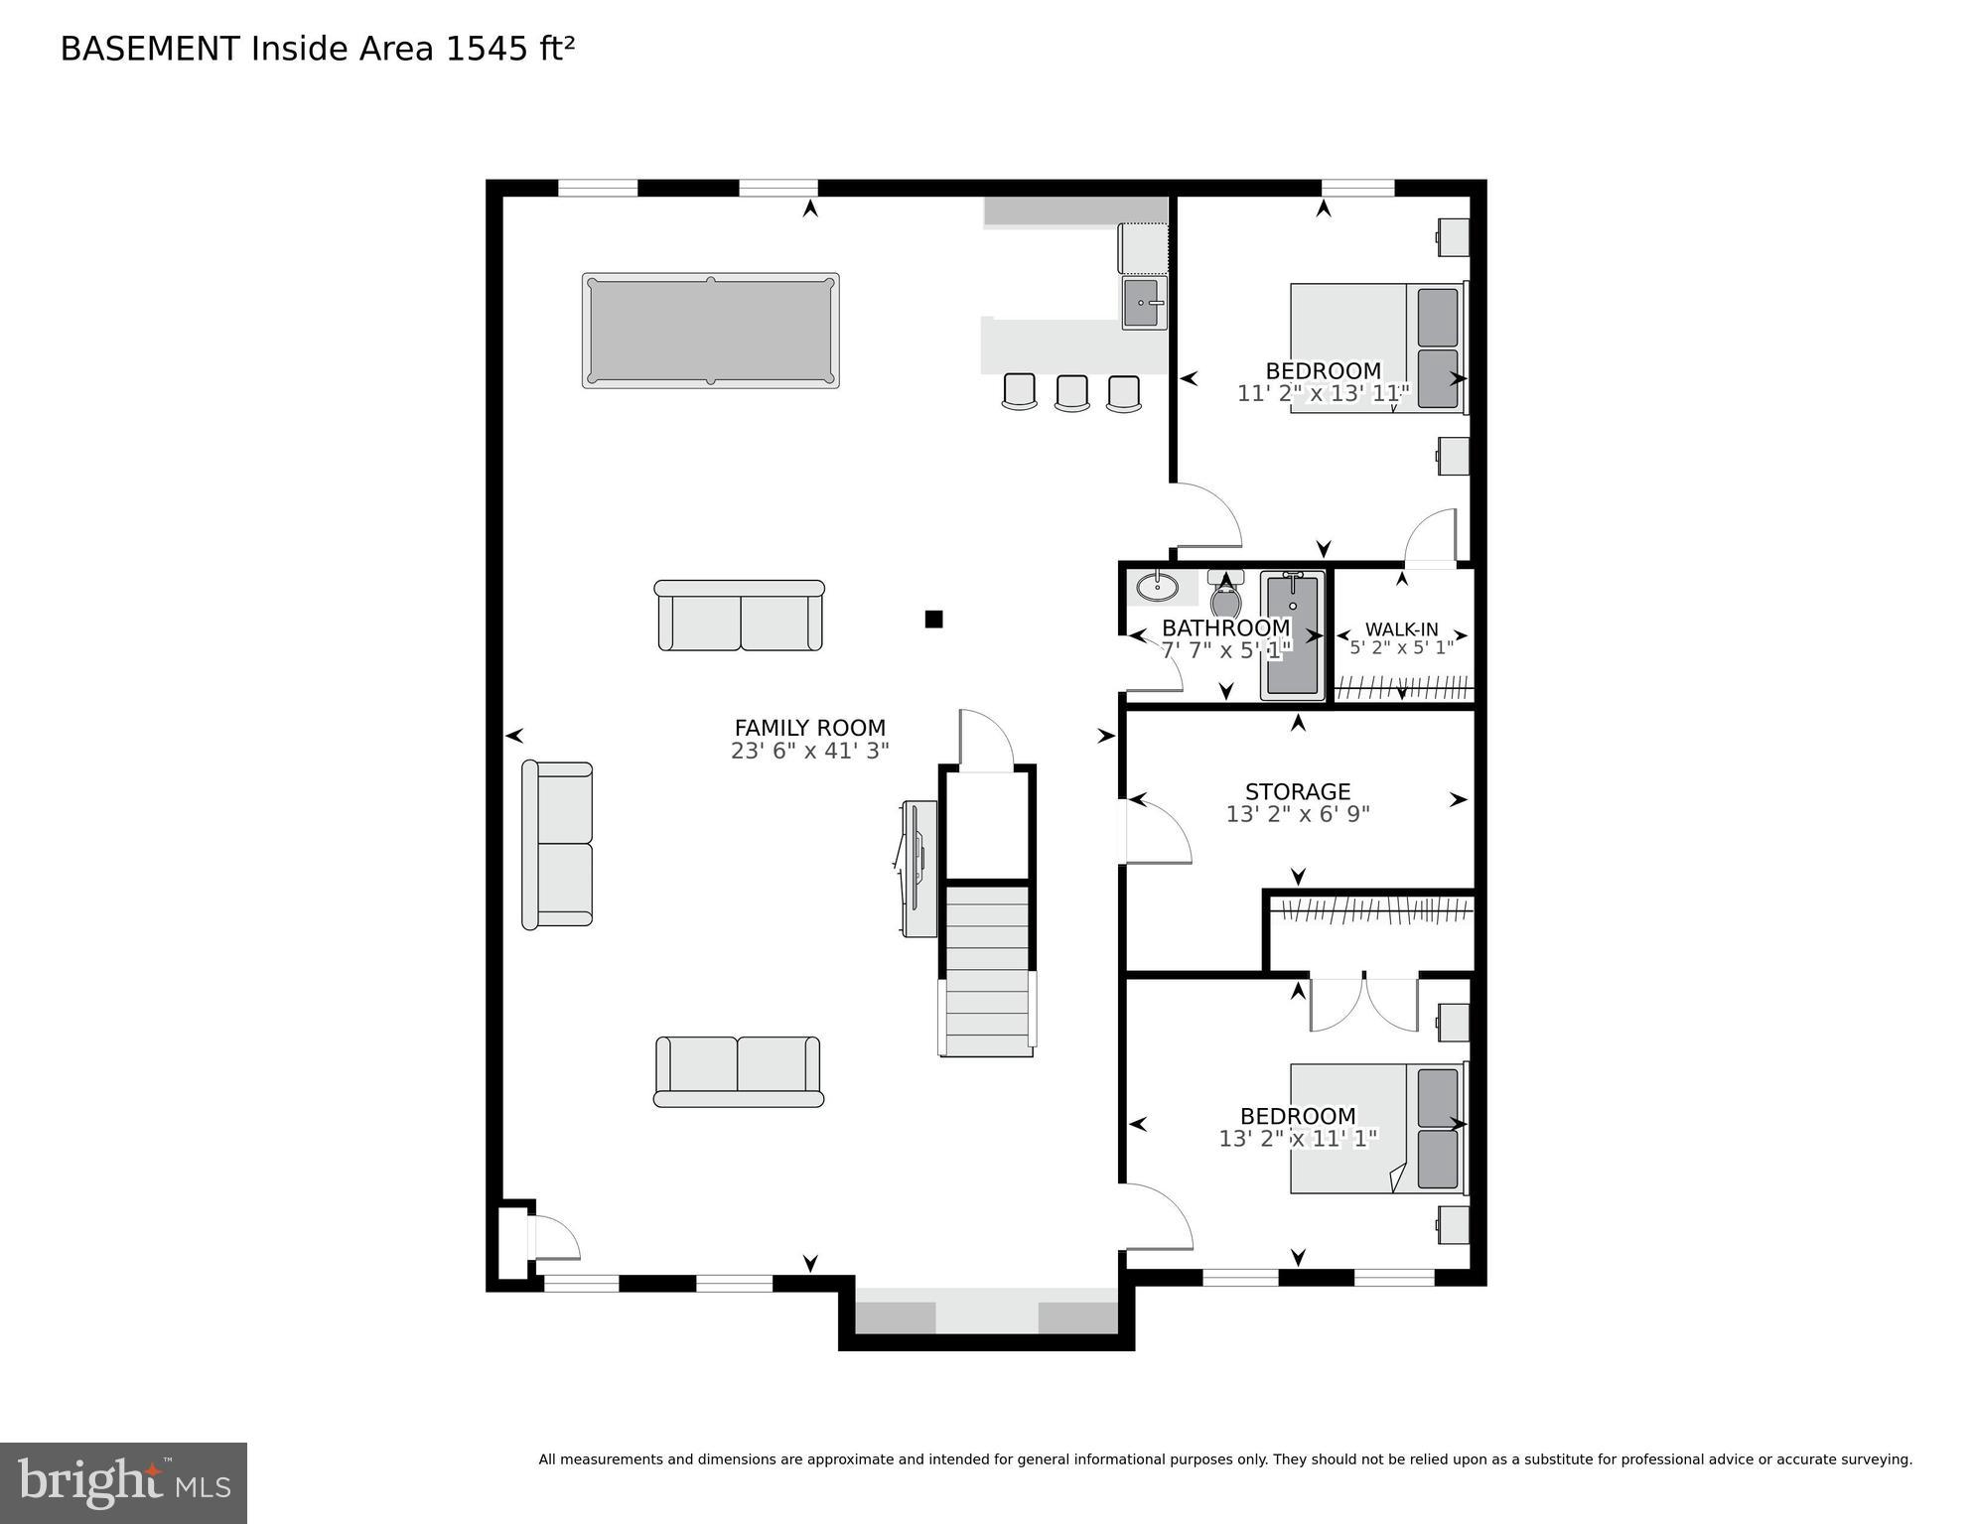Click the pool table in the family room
[710, 331]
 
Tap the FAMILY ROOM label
[809, 728]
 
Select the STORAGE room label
[1297, 791]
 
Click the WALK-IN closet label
[1401, 629]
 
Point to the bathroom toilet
[1226, 596]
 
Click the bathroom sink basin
[1157, 588]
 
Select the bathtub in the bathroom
[1292, 635]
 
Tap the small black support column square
[933, 619]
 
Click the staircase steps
[987, 968]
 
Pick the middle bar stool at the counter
[1071, 392]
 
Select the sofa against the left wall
[557, 844]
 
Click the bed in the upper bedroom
[1375, 347]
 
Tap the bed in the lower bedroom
[1375, 1129]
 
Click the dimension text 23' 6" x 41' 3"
[809, 752]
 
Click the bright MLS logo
[123, 1483]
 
